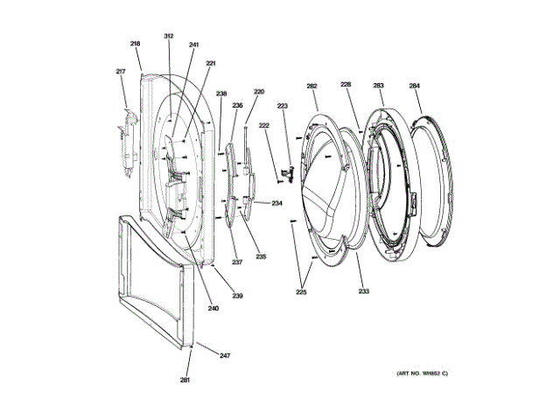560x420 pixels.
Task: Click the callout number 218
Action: [136, 44]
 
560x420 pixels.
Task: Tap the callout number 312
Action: [169, 36]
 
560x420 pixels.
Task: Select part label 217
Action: [121, 72]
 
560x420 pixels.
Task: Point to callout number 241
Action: [193, 45]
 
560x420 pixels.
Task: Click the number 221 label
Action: [211, 64]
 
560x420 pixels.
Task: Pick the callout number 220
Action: [259, 92]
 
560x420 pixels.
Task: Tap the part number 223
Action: [283, 106]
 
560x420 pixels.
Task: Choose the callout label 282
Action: [311, 86]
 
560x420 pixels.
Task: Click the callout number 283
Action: [378, 86]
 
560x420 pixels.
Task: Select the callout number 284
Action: [414, 86]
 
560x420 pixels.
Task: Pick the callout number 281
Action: [185, 380]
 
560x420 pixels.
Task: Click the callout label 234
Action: [276, 204]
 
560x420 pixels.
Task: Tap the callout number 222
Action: [263, 127]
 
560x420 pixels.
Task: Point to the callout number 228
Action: [346, 85]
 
